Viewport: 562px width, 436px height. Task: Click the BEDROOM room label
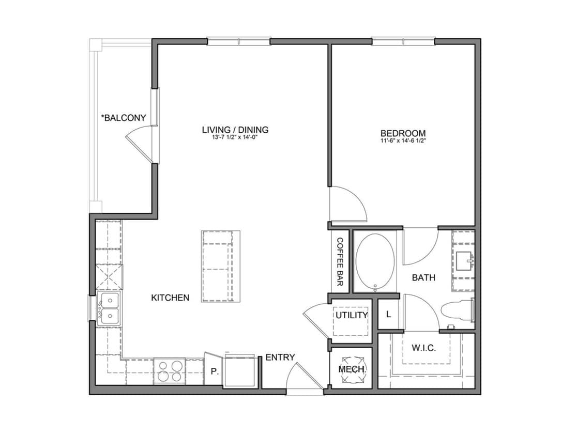[403, 133]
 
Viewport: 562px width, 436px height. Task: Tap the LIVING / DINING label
[235, 130]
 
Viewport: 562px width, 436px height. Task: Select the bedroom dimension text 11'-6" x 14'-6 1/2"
[403, 140]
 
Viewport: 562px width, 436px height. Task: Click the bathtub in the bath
[375, 261]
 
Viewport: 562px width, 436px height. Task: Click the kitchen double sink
[110, 308]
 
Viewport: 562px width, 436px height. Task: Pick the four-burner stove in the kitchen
[169, 371]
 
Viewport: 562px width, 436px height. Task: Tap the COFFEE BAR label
[340, 262]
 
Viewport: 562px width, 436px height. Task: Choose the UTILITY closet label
[352, 315]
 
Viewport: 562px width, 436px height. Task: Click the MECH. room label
[352, 369]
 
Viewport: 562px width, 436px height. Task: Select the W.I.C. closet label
[423, 348]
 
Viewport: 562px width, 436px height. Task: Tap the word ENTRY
[280, 357]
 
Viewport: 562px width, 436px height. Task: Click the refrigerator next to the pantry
[239, 370]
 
